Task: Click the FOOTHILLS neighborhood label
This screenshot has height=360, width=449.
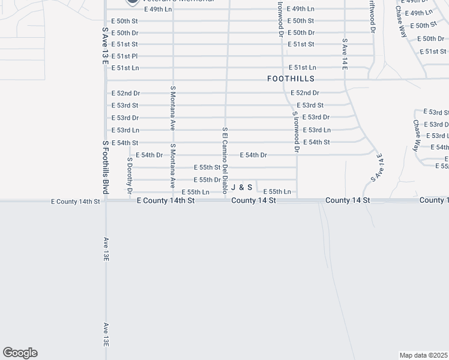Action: click(291, 79)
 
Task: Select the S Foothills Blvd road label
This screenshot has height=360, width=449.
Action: click(105, 167)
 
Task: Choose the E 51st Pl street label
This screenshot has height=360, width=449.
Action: click(125, 56)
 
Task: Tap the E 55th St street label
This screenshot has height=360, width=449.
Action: click(207, 167)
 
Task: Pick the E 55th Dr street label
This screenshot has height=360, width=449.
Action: click(207, 179)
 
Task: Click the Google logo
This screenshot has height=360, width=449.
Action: click(20, 353)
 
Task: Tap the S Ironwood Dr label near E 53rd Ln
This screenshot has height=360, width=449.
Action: click(295, 131)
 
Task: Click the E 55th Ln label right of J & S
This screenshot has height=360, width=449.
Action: click(277, 191)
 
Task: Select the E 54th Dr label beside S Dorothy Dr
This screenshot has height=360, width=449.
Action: click(149, 155)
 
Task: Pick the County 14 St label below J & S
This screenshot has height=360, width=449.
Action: click(253, 200)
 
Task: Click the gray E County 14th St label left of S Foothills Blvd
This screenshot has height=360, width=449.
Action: click(75, 202)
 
